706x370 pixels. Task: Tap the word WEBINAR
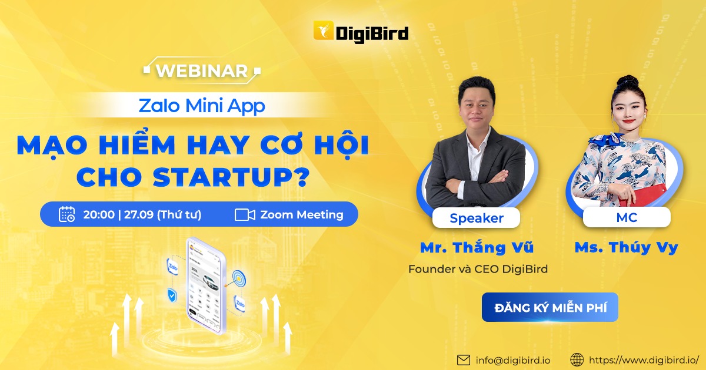[202, 70]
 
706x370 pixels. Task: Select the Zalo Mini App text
[202, 106]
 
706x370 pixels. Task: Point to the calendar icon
[67, 214]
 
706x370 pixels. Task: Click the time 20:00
[99, 214]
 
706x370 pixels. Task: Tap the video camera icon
[245, 214]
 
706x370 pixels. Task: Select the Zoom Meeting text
[302, 214]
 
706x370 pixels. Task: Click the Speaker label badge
[477, 218]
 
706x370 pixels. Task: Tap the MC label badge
[627, 217]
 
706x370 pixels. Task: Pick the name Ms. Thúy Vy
[626, 248]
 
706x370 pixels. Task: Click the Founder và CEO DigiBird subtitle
[478, 270]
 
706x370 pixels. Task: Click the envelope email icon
[464, 359]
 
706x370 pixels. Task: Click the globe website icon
[577, 359]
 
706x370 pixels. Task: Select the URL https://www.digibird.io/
[644, 359]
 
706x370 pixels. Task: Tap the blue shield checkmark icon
[172, 295]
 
